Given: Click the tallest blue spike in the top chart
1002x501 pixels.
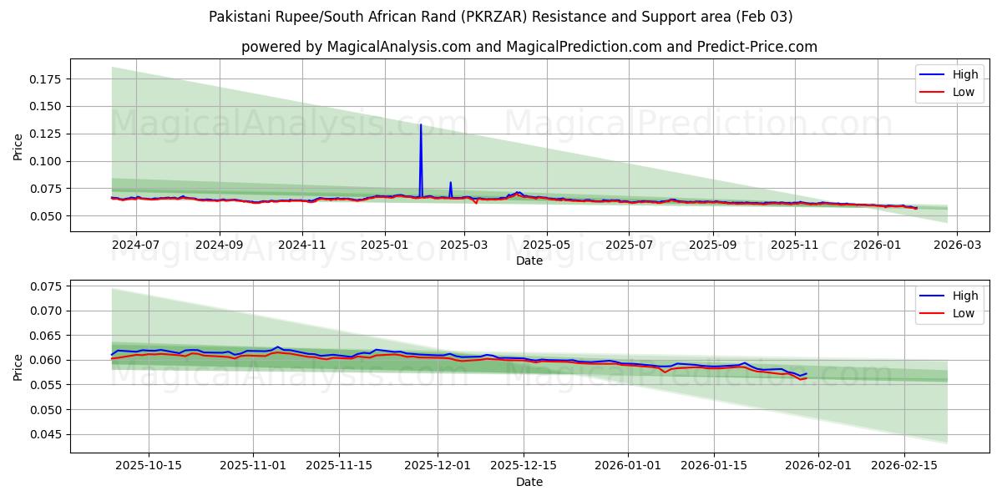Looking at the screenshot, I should click(x=421, y=125).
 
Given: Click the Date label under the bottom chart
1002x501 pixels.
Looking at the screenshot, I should click(x=529, y=482).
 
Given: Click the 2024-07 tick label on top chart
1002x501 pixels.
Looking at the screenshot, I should click(x=135, y=245).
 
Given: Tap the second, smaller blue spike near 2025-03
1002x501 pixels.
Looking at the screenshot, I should click(x=451, y=183).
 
